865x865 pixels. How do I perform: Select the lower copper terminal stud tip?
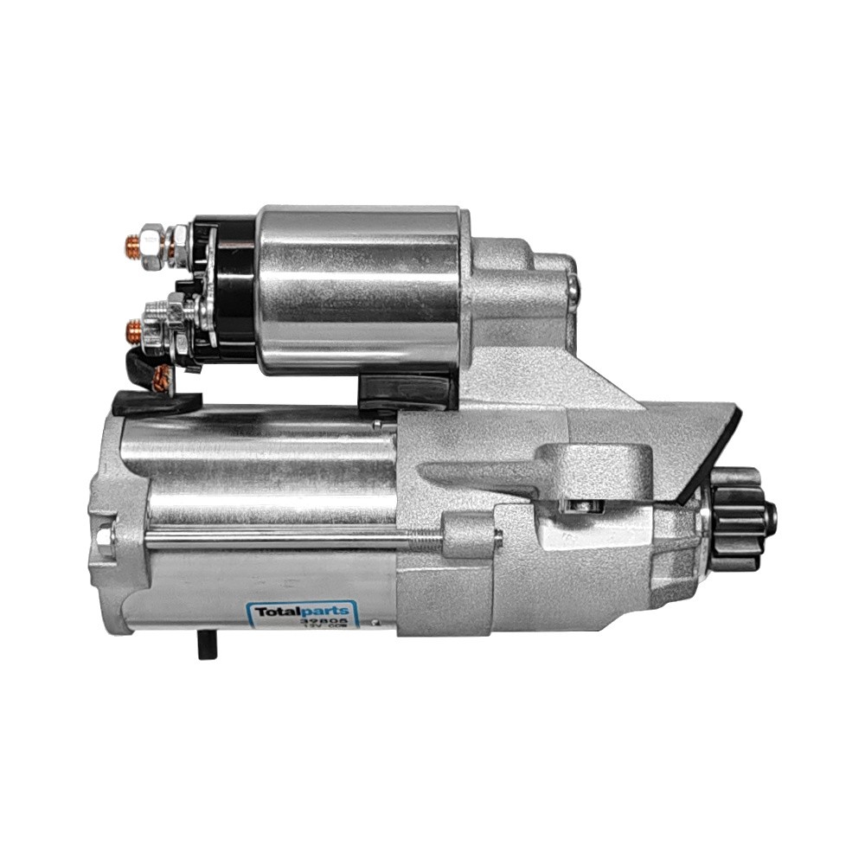[133, 330]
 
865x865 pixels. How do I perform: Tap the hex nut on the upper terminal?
[154, 246]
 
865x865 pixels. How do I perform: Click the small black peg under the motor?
[206, 644]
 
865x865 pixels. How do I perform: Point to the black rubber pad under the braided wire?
[156, 402]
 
